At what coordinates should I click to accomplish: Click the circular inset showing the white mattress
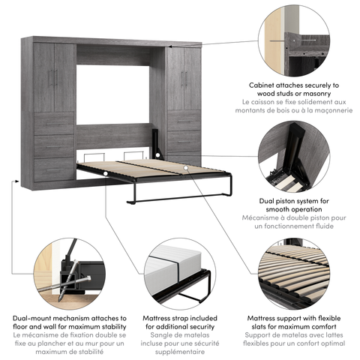point(180,274)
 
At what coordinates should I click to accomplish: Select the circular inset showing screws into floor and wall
point(70,274)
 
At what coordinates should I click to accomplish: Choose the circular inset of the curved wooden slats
point(294,274)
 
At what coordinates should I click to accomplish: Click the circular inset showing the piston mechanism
point(294,157)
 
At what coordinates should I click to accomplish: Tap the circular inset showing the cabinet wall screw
point(294,40)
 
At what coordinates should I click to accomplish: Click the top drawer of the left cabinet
point(54,124)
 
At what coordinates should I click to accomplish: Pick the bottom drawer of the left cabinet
point(54,169)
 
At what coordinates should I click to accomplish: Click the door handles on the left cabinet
point(53,78)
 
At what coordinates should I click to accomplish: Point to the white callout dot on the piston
point(157,155)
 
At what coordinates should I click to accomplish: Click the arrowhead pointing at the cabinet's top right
point(170,46)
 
